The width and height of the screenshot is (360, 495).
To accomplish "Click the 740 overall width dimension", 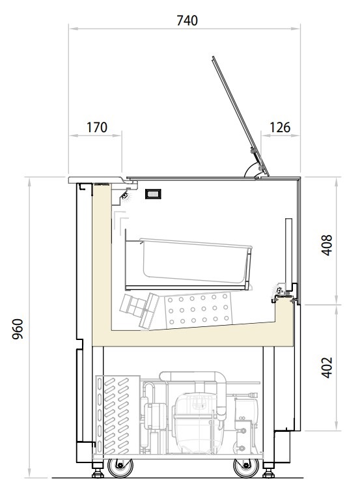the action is point(187,21).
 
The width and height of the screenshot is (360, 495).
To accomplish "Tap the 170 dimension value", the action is point(97,127).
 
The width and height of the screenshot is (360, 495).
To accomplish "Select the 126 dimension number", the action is point(280,127).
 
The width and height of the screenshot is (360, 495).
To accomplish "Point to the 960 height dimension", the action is point(18,329).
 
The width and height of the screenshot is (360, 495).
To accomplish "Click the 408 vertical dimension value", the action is point(327,245).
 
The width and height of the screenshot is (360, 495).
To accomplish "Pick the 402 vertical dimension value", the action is point(327,367).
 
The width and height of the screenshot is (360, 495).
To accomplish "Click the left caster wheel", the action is point(120,468).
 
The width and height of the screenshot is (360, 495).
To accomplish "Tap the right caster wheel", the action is point(246,468).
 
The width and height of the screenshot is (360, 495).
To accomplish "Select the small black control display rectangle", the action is point(153,194).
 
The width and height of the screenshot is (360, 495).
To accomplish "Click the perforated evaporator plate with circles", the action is point(198,310).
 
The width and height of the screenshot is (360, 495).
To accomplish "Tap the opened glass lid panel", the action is point(240,115).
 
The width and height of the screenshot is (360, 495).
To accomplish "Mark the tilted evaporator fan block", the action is point(139,311).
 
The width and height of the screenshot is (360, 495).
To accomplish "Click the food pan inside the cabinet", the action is point(195,261).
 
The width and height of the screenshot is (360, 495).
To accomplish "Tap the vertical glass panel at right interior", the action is point(289,250).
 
